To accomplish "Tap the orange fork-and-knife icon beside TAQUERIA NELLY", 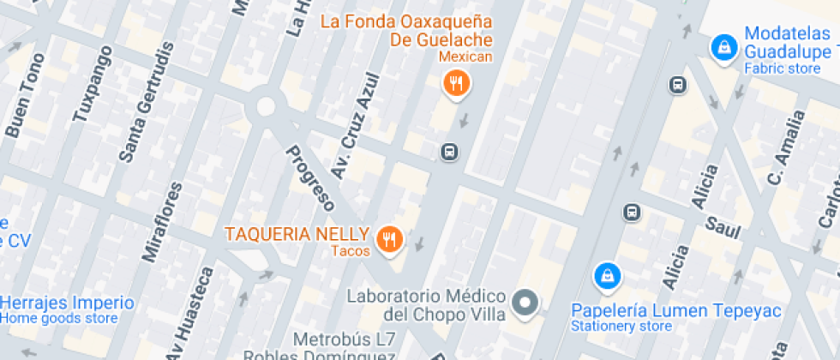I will pyautogui.click(x=391, y=239).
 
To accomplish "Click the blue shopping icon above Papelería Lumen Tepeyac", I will pyautogui.click(x=607, y=275).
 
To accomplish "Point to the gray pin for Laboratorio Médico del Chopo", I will pyautogui.click(x=524, y=302).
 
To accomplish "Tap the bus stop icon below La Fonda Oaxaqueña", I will pyautogui.click(x=449, y=153).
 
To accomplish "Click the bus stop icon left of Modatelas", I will pyautogui.click(x=678, y=85).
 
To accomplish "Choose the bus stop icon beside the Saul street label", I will pyautogui.click(x=632, y=211).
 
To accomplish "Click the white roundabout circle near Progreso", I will pyautogui.click(x=266, y=106).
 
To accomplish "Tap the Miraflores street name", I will pyautogui.click(x=164, y=221).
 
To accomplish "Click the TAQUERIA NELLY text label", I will pyautogui.click(x=297, y=234).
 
